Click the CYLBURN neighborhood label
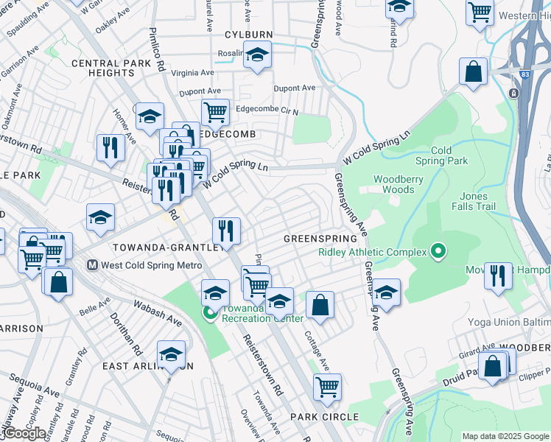248,35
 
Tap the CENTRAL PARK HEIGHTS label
111,69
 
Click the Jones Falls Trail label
474,201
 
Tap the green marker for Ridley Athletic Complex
438,253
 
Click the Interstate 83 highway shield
513,93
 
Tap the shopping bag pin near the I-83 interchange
474,72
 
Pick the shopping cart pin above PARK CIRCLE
327,385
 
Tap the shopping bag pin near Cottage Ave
320,304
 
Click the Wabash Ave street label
157,313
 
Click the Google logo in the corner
24,433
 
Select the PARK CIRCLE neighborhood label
324,417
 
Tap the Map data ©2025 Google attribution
505,436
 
